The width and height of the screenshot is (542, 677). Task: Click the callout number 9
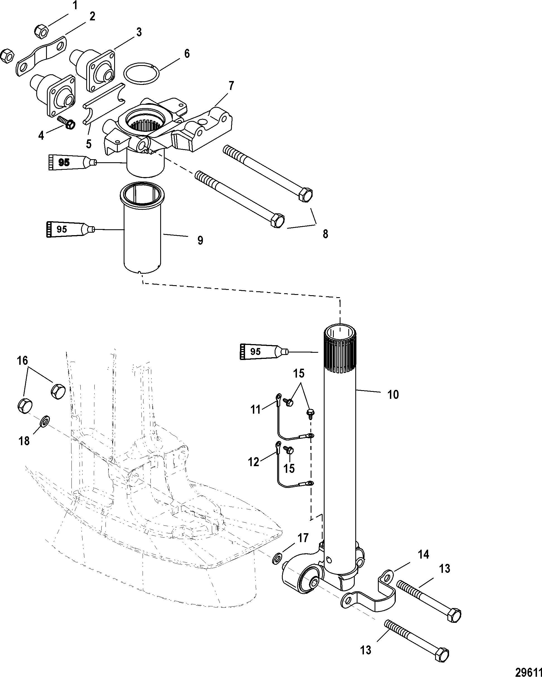coord(200,240)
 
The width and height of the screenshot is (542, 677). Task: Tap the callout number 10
coord(393,394)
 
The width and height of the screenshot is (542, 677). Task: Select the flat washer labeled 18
coord(46,419)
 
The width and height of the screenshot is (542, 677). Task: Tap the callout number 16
coord(23,361)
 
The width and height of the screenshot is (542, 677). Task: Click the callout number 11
coord(255,409)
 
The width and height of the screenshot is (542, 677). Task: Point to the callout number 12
coord(254,462)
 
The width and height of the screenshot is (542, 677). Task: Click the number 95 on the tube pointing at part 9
coord(62,229)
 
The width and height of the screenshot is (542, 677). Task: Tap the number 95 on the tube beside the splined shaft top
coord(255,351)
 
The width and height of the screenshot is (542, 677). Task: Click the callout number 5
coord(89,144)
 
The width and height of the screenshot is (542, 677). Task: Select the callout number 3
coord(139,32)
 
